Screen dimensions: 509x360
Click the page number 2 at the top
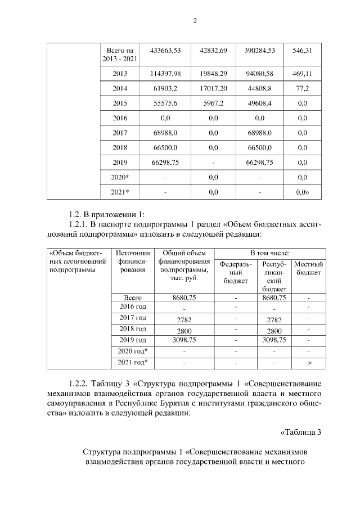195,21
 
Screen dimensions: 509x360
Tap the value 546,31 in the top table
302,51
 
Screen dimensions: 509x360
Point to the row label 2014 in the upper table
120,89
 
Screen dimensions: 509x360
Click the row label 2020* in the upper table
120,177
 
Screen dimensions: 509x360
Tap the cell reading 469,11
302,74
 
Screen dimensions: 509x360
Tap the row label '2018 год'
133,329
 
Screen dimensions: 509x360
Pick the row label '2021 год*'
133,362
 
